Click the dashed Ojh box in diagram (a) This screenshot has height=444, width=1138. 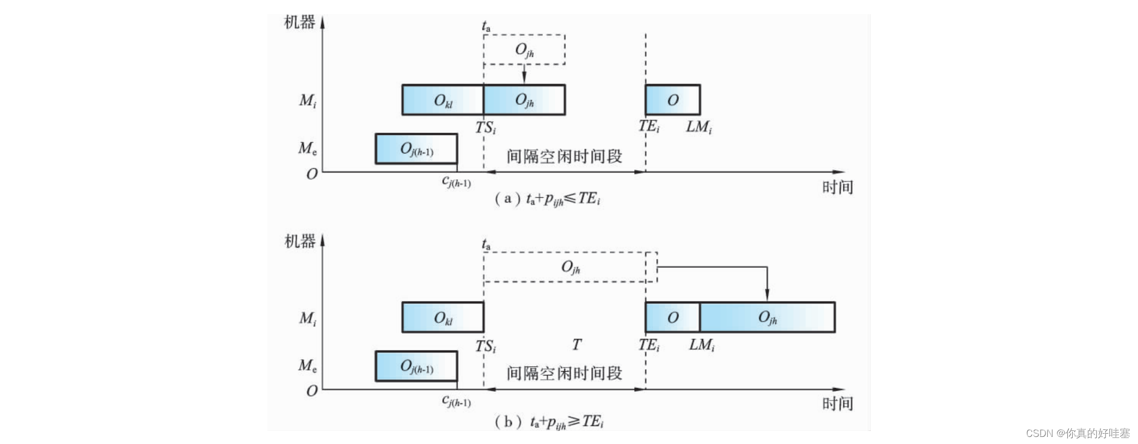click(x=524, y=50)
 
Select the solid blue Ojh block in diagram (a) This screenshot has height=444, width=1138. click(x=524, y=100)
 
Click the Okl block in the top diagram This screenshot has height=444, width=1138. click(x=442, y=100)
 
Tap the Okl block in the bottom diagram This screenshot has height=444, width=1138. click(x=442, y=317)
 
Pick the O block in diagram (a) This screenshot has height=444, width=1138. click(x=672, y=100)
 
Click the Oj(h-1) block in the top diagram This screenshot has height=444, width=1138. click(x=416, y=149)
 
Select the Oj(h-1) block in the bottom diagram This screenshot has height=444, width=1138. click(x=416, y=366)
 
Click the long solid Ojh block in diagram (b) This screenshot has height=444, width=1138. click(x=767, y=317)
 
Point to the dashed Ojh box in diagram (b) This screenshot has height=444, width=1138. click(x=570, y=267)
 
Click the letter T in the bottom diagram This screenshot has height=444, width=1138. click(x=576, y=344)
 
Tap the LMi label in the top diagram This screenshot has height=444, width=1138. click(x=698, y=127)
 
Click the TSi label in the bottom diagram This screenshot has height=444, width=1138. click(x=485, y=346)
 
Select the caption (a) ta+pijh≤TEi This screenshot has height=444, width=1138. click(x=547, y=199)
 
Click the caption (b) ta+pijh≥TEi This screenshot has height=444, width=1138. click(x=549, y=422)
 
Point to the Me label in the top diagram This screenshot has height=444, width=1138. click(x=307, y=148)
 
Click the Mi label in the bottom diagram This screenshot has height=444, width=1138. click(x=307, y=318)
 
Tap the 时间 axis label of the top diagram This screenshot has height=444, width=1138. click(x=837, y=187)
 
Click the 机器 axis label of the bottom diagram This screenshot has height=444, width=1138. click(x=299, y=241)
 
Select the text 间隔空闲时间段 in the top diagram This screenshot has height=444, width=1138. click(x=564, y=157)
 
